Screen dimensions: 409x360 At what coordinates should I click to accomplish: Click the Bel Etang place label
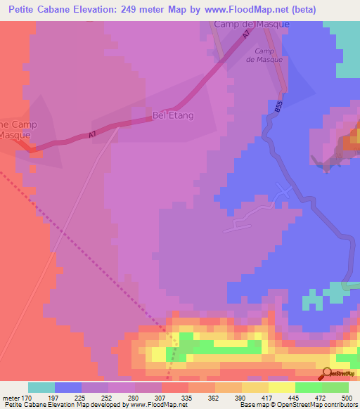click(x=173, y=114)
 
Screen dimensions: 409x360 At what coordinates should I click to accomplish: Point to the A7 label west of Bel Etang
click(x=92, y=134)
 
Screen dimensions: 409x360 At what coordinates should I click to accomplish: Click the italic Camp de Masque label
click(x=264, y=56)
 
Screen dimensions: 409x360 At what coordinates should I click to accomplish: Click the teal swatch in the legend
click(x=41, y=387)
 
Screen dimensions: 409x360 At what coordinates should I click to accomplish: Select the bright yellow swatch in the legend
click(x=282, y=387)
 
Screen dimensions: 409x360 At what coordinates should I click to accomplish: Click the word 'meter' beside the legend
click(x=11, y=398)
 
